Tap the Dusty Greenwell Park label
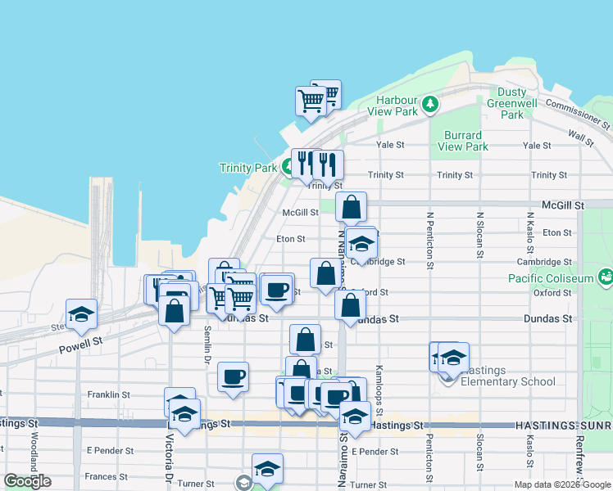pyautogui.click(x=512, y=104)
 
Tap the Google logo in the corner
pyautogui.click(x=27, y=481)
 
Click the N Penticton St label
pyautogui.click(x=429, y=241)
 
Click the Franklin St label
pyautogui.click(x=109, y=394)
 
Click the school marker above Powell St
pyautogui.click(x=81, y=315)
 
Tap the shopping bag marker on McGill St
pyautogui.click(x=351, y=208)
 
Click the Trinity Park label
pyautogui.click(x=248, y=168)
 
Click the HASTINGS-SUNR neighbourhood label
pyautogui.click(x=564, y=426)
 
